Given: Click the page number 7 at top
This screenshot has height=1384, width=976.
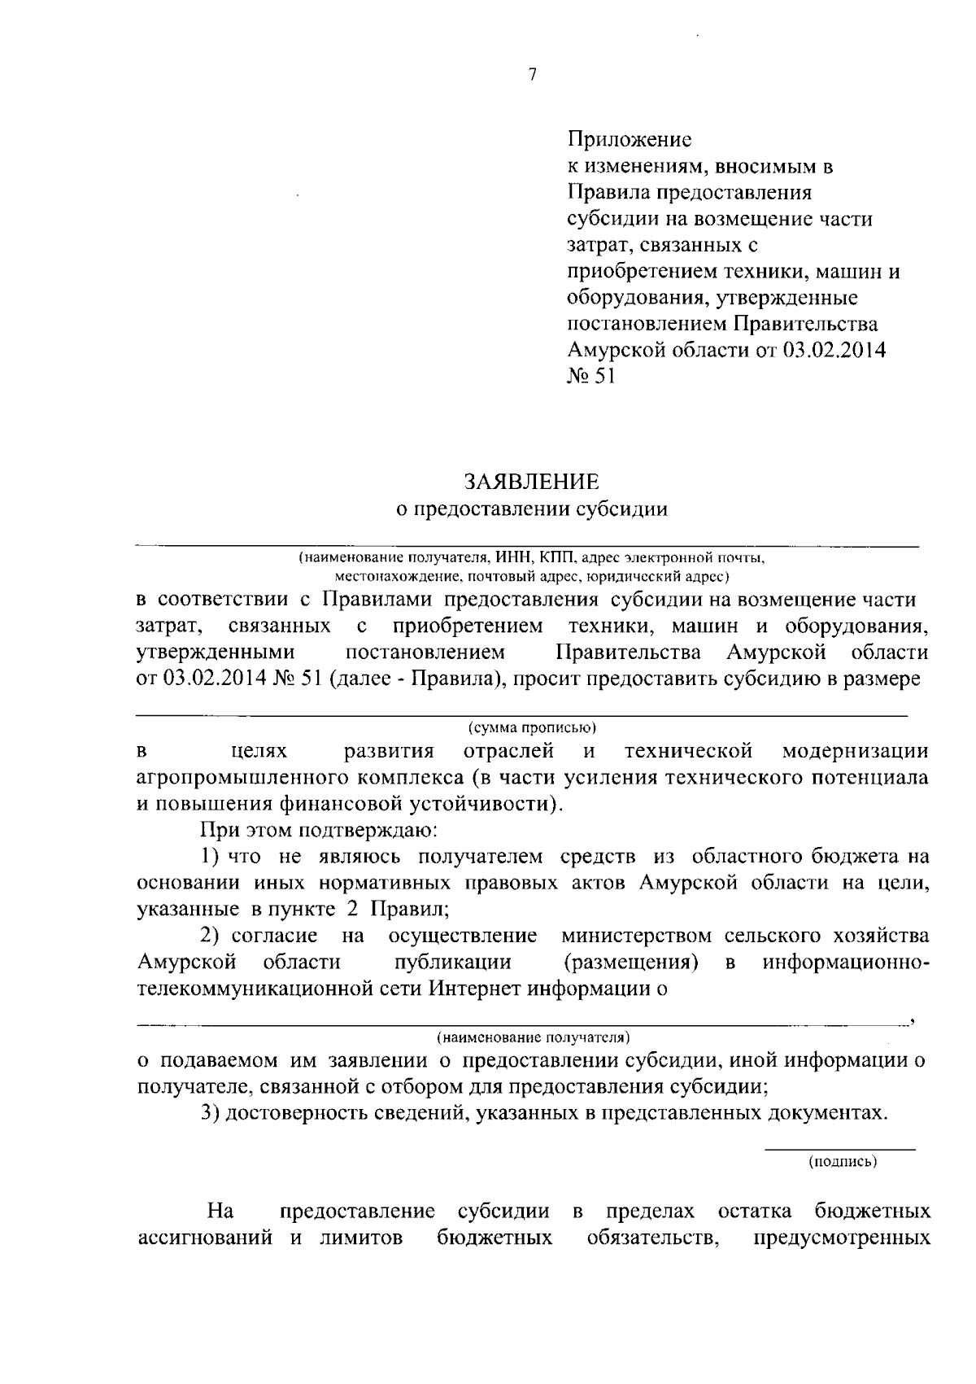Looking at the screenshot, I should (x=532, y=75).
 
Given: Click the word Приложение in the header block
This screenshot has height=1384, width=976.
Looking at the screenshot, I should (x=629, y=140).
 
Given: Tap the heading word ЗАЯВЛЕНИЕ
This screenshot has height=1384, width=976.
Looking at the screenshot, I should (x=532, y=482).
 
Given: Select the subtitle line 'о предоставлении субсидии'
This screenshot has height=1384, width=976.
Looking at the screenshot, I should (x=531, y=509).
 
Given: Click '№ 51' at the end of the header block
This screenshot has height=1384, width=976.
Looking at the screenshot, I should (x=590, y=377).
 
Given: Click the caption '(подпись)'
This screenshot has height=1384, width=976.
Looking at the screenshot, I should (x=842, y=1162).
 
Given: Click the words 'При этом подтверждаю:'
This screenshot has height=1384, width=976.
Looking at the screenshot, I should (x=309, y=831).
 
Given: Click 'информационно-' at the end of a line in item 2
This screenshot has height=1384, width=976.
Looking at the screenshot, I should (x=846, y=963).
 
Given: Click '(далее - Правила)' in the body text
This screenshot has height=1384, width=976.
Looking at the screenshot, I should (x=414, y=679).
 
